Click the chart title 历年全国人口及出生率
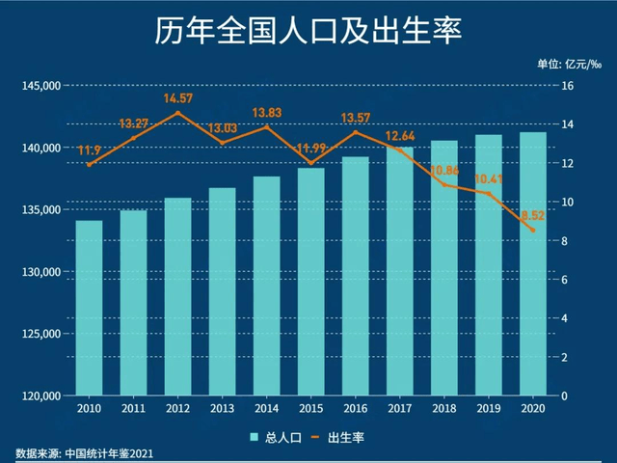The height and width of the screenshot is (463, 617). [308, 32]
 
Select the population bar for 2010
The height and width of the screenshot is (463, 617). [90, 309]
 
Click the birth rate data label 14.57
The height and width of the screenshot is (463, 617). [178, 98]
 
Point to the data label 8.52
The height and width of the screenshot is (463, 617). [532, 216]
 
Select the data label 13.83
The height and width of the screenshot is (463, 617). [267, 114]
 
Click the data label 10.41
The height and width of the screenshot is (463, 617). [489, 179]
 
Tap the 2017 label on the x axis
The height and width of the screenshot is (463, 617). [399, 409]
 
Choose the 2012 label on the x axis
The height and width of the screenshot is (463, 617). [178, 409]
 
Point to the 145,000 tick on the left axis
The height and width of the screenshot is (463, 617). [40, 86]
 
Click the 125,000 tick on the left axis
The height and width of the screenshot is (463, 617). [40, 334]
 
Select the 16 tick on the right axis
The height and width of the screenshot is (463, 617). [568, 86]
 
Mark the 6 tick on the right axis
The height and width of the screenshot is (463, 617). [565, 280]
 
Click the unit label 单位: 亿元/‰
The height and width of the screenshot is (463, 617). [569, 66]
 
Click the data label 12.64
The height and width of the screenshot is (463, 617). [401, 136]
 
